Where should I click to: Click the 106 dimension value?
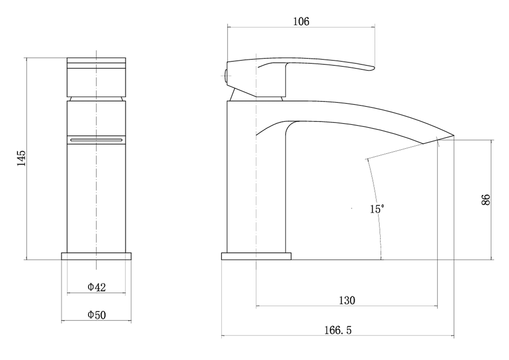point(301,22)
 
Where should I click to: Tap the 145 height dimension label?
point(22,158)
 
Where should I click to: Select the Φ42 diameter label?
point(97,287)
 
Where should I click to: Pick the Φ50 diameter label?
point(97,315)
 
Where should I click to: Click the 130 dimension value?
point(347,301)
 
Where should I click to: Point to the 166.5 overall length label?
point(338,330)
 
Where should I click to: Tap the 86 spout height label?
point(486,200)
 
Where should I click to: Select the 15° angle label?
point(377,209)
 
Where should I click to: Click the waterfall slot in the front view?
point(96,140)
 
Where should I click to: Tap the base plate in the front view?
point(96,256)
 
